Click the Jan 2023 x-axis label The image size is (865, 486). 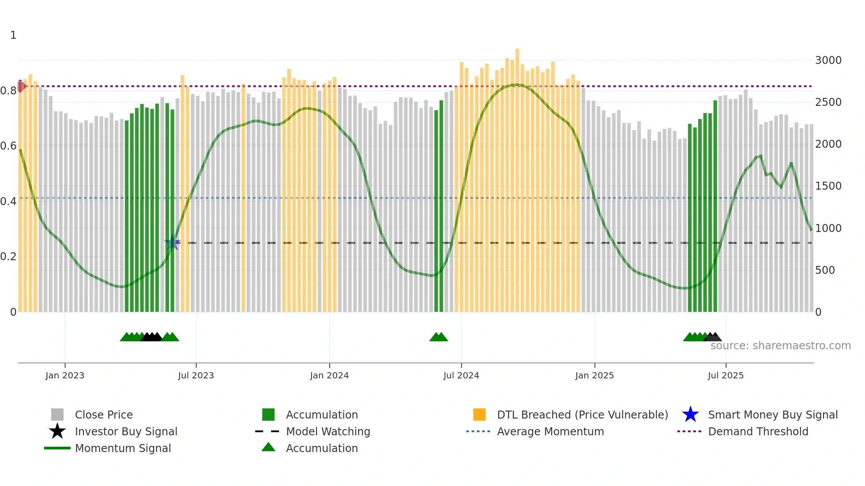coord(65,375)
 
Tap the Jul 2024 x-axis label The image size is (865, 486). coord(461,375)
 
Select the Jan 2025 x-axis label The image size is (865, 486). coord(594,375)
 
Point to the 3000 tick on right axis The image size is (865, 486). coord(828,60)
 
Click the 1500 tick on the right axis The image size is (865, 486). coord(828,186)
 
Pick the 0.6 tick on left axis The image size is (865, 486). coord(8,146)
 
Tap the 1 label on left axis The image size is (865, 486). coord(13,35)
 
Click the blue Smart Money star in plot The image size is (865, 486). coord(172,243)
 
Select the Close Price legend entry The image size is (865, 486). coord(104,415)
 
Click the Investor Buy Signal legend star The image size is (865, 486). coord(57,431)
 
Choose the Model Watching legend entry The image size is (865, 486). coord(328,431)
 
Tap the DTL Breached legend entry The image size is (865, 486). coord(582,415)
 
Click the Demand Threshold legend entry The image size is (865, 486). coord(758,431)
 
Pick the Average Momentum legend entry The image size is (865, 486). coord(550,431)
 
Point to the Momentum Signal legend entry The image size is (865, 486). coord(123,448)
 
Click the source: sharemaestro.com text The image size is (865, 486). coord(780,346)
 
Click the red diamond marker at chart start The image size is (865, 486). coord(21,86)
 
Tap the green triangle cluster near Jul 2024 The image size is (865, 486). coord(438,337)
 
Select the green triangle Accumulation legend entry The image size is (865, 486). coord(322,448)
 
